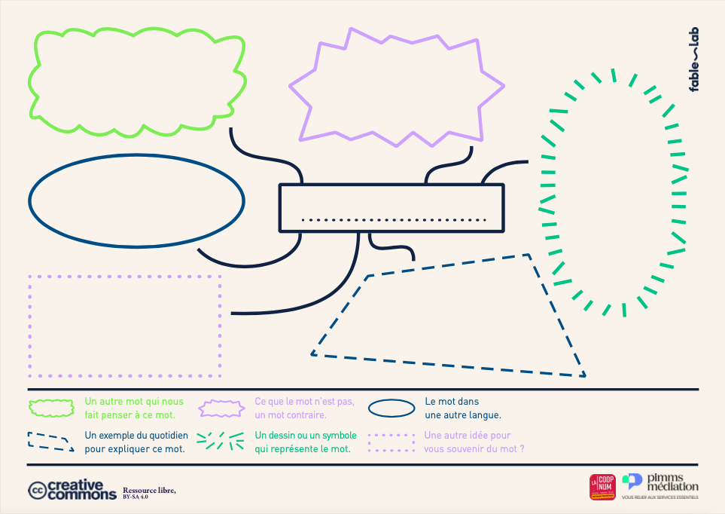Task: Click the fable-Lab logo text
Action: coord(694,60)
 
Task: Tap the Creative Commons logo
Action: coord(72,490)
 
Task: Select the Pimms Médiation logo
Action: coord(660,486)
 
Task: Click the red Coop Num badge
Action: coord(602,487)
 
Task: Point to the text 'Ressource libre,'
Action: coord(149,490)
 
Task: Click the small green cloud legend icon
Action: coord(52,408)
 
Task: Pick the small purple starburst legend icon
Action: coord(222,408)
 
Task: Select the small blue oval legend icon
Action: coord(391,408)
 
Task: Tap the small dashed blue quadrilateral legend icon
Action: coord(51,442)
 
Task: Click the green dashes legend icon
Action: coord(220,442)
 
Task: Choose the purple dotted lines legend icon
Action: coord(391,442)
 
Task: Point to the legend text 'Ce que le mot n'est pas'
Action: coord(304,401)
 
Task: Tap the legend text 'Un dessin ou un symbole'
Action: coord(304,435)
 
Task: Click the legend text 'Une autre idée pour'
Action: coord(468,435)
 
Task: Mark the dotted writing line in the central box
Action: coord(394,220)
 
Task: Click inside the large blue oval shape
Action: coord(136,200)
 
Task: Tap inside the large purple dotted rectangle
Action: coord(125,326)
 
